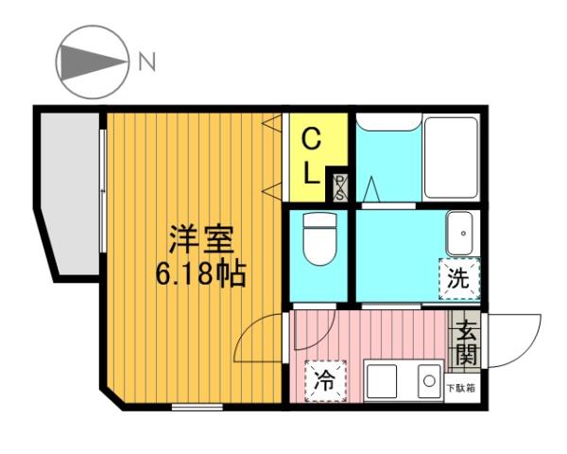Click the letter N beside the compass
click(147, 62)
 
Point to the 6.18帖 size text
click(200, 273)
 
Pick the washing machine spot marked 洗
click(458, 279)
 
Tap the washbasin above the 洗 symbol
click(460, 234)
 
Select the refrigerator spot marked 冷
click(325, 381)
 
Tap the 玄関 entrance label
click(466, 344)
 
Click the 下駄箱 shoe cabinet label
click(460, 389)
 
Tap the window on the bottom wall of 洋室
click(198, 407)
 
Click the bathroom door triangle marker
click(372, 189)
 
